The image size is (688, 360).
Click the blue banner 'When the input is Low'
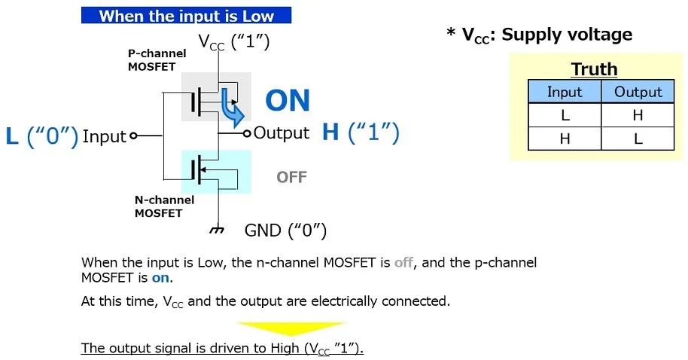(x=186, y=15)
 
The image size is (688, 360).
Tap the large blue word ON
(x=288, y=100)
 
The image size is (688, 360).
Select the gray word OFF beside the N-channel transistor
(x=291, y=177)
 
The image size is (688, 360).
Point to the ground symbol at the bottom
(x=218, y=229)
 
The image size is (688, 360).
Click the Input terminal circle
(x=133, y=136)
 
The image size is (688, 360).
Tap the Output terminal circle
(x=247, y=133)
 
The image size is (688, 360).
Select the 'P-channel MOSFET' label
(x=157, y=59)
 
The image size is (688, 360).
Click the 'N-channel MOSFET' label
(x=164, y=206)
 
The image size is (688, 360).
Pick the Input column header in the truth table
(x=565, y=92)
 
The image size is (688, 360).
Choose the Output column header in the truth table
(x=638, y=92)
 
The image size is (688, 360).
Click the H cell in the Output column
(x=638, y=115)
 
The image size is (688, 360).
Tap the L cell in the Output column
(x=638, y=139)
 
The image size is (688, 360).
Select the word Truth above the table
(x=594, y=69)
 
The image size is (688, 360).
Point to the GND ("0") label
(x=285, y=230)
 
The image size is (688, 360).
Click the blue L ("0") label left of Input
(x=42, y=136)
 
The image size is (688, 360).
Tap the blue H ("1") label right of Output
(x=361, y=132)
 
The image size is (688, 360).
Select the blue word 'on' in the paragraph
(x=160, y=278)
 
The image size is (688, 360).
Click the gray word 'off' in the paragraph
(x=403, y=263)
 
